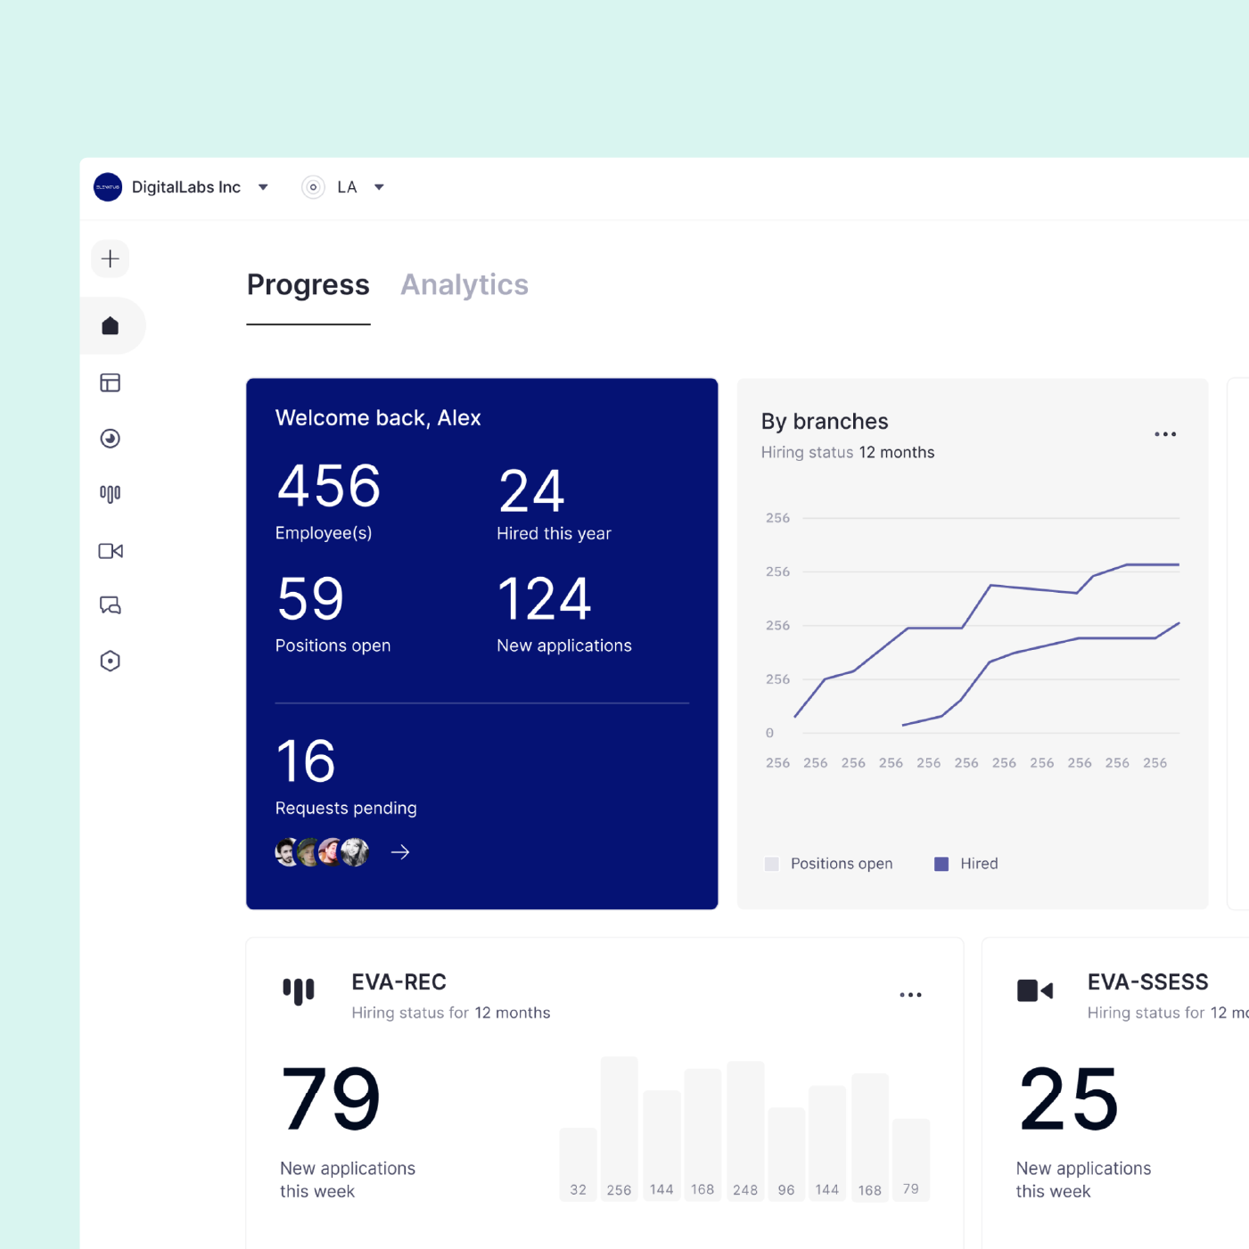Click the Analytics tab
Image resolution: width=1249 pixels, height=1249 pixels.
pos(464,285)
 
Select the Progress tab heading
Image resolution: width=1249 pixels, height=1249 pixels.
pos(308,285)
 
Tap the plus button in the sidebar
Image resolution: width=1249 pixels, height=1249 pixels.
pos(111,259)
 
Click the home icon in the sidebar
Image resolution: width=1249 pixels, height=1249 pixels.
pos(111,326)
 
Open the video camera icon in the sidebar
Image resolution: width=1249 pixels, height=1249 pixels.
pos(111,551)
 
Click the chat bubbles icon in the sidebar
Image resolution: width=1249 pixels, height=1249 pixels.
pos(111,606)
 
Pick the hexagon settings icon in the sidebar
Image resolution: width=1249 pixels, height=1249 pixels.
pos(111,661)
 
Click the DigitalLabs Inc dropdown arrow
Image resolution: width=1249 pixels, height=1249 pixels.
pos(263,187)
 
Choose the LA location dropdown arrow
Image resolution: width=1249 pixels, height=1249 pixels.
pos(379,187)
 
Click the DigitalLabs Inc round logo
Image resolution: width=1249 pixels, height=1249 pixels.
pos(108,187)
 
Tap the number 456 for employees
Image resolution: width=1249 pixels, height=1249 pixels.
pos(329,487)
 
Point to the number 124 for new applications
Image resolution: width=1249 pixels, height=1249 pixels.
pos(544,599)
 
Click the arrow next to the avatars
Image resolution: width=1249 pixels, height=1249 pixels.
pos(400,853)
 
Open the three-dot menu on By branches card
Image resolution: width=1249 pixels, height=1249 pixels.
pos(1165,434)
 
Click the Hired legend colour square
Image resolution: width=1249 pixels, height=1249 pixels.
pos(941,864)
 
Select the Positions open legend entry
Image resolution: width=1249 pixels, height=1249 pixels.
pos(829,864)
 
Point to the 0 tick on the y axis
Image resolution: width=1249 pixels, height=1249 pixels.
pos(769,733)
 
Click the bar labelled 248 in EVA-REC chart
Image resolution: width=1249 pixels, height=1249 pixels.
pos(745,1130)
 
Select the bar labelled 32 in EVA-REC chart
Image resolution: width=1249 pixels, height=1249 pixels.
pos(579,1163)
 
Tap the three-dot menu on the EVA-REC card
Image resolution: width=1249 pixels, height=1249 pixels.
pos(910,995)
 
